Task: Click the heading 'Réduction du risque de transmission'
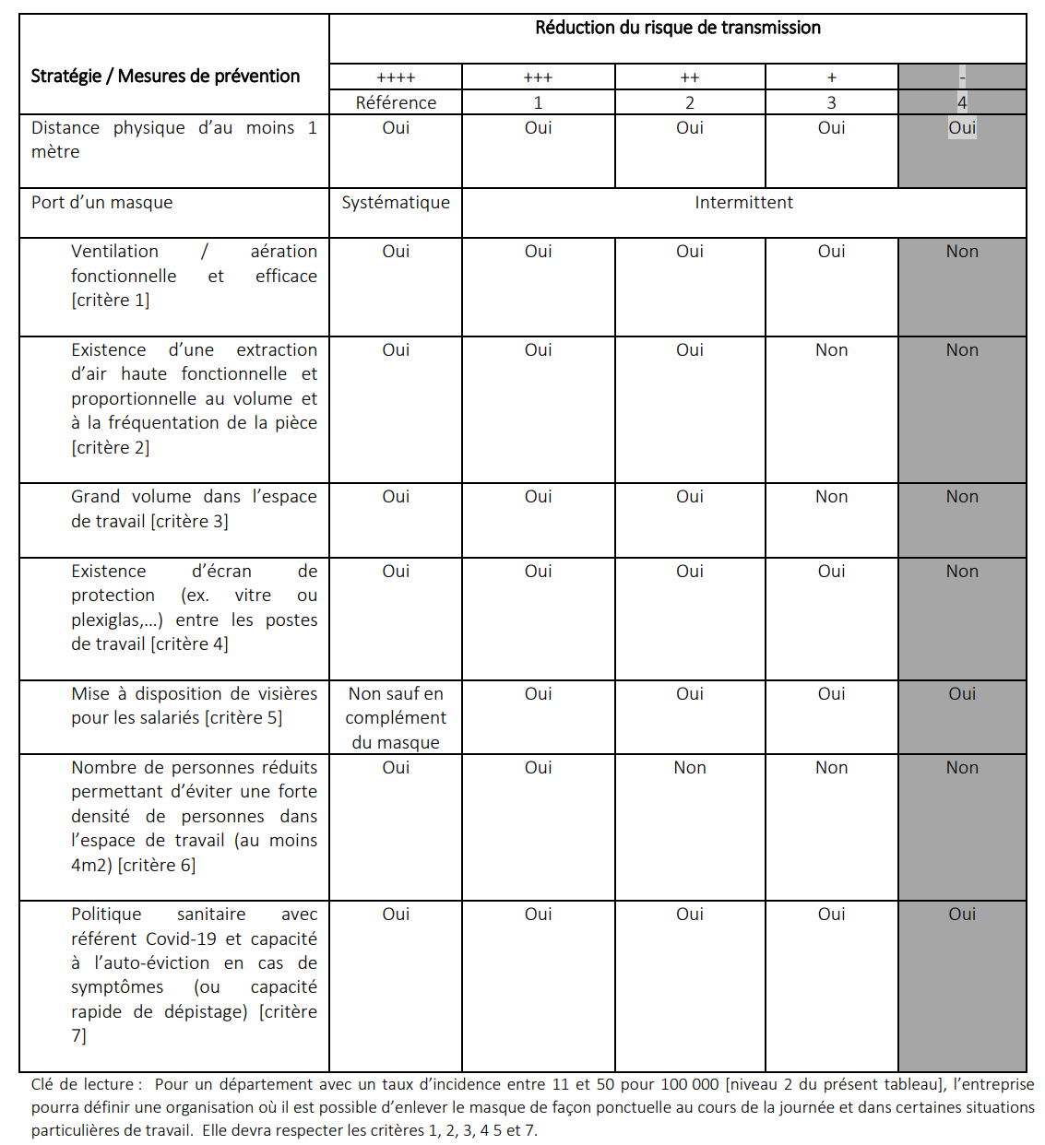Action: [677, 28]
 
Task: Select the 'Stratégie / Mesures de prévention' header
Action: [165, 76]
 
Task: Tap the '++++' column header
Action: [396, 77]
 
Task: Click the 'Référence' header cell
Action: [396, 102]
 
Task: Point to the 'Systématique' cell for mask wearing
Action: [396, 203]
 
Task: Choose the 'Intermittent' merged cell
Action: [743, 203]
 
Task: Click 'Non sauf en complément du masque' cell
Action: [396, 717]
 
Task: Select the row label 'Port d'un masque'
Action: [101, 203]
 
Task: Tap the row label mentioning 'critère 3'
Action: [194, 509]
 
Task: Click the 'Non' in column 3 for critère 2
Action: [831, 350]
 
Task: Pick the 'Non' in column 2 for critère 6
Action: [689, 768]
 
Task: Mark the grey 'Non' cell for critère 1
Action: [962, 252]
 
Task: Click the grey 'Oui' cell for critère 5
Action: [962, 694]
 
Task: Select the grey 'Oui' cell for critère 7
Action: [962, 915]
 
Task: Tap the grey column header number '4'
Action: [962, 102]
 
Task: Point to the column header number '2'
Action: [689, 102]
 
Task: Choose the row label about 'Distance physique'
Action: [173, 139]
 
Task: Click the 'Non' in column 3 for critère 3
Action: [831, 497]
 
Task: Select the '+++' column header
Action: [538, 77]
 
